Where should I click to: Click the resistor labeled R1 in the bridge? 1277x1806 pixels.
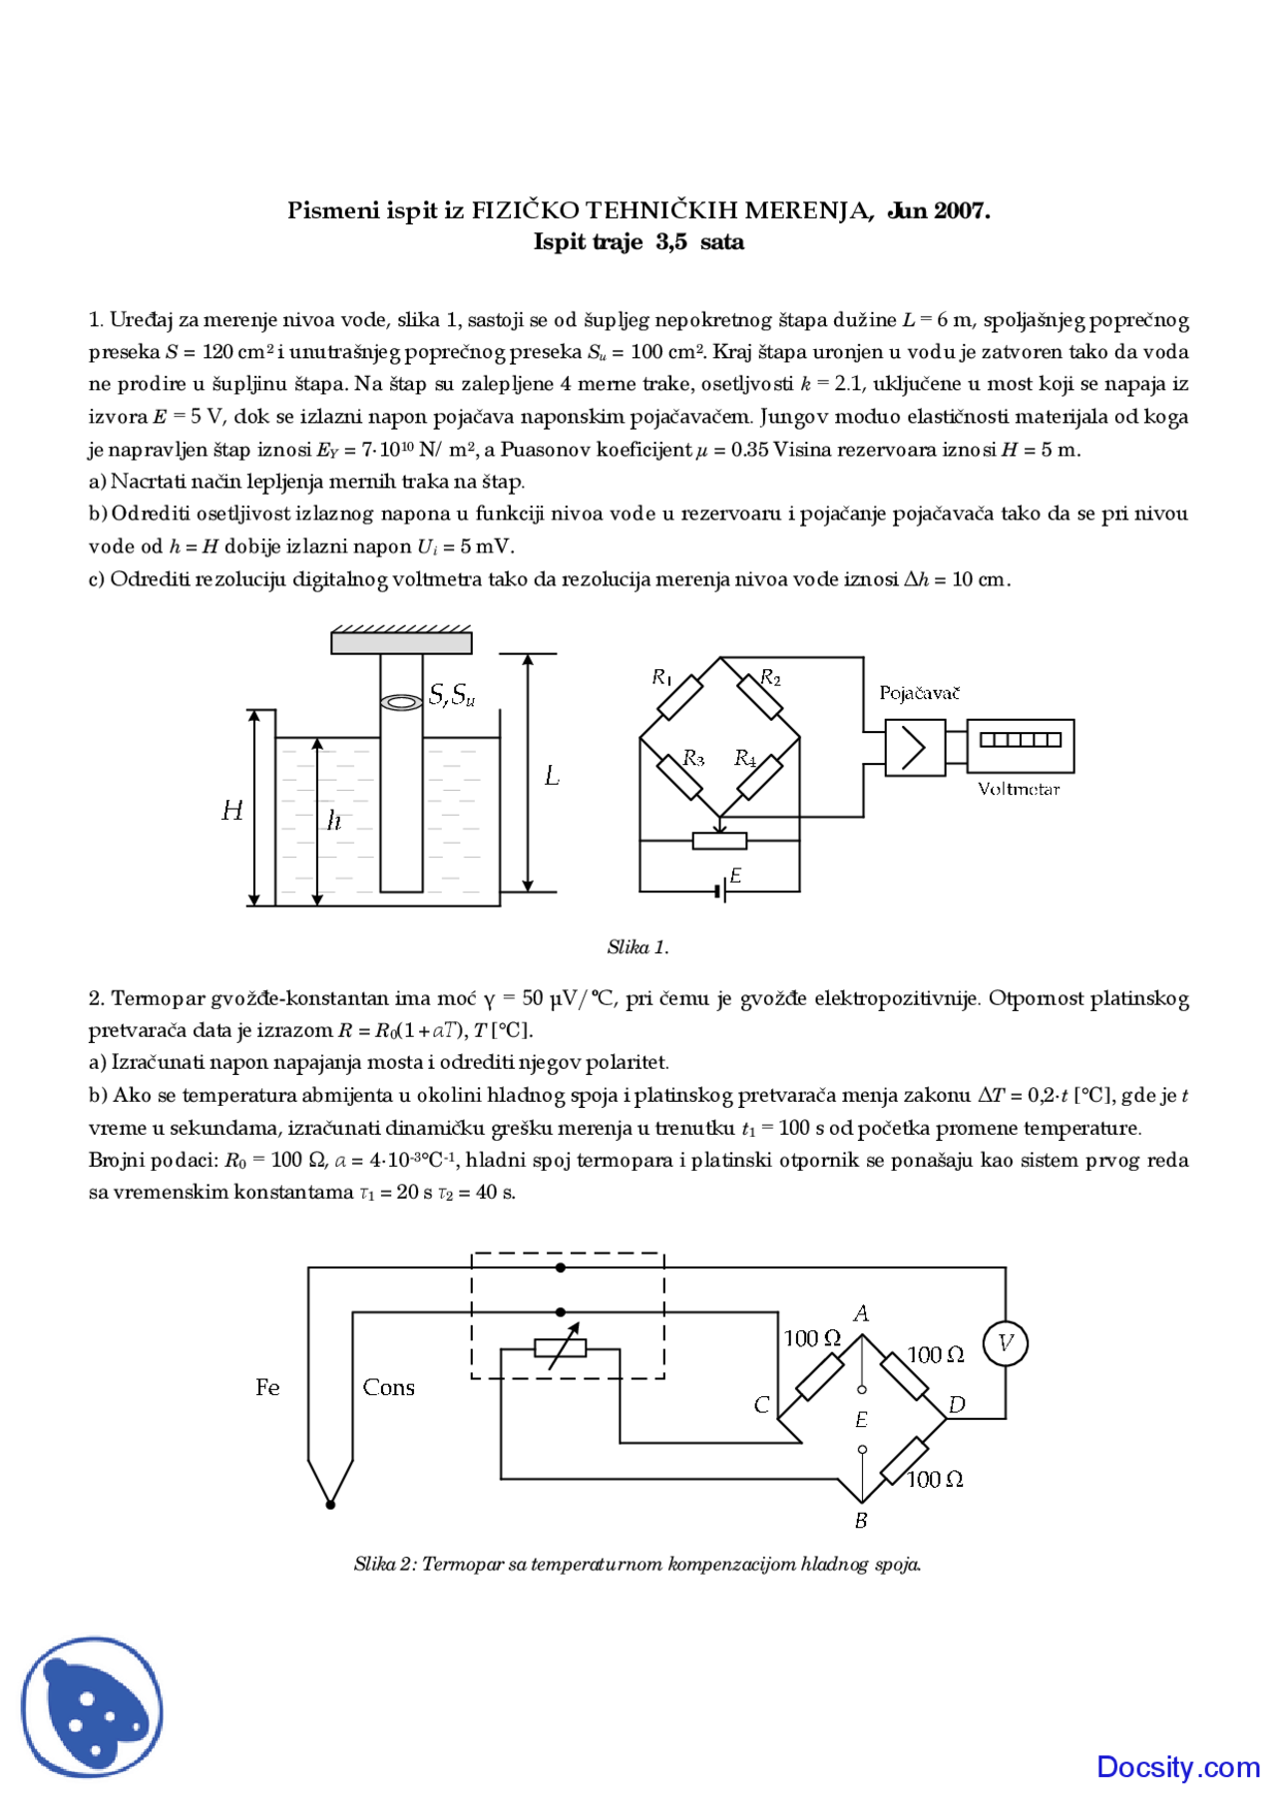tap(680, 697)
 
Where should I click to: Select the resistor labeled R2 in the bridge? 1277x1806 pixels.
tap(760, 697)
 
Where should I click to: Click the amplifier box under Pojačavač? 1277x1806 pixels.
tap(915, 748)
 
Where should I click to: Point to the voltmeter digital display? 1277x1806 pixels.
tap(1020, 740)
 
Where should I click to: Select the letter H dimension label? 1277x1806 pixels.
tap(232, 811)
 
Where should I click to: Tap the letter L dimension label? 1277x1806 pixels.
tap(552, 776)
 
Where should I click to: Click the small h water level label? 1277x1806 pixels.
tap(334, 821)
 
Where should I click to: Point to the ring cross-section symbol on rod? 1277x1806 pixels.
tap(401, 703)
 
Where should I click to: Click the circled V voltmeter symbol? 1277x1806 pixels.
tap(1005, 1343)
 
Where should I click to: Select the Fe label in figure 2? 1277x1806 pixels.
tap(267, 1387)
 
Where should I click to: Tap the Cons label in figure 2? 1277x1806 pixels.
tap(388, 1387)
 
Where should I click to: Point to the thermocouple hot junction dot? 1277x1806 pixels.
tap(330, 1504)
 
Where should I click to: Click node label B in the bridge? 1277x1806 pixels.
tap(861, 1521)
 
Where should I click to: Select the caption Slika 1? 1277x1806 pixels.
tap(638, 946)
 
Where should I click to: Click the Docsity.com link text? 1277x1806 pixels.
tap(1178, 1767)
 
